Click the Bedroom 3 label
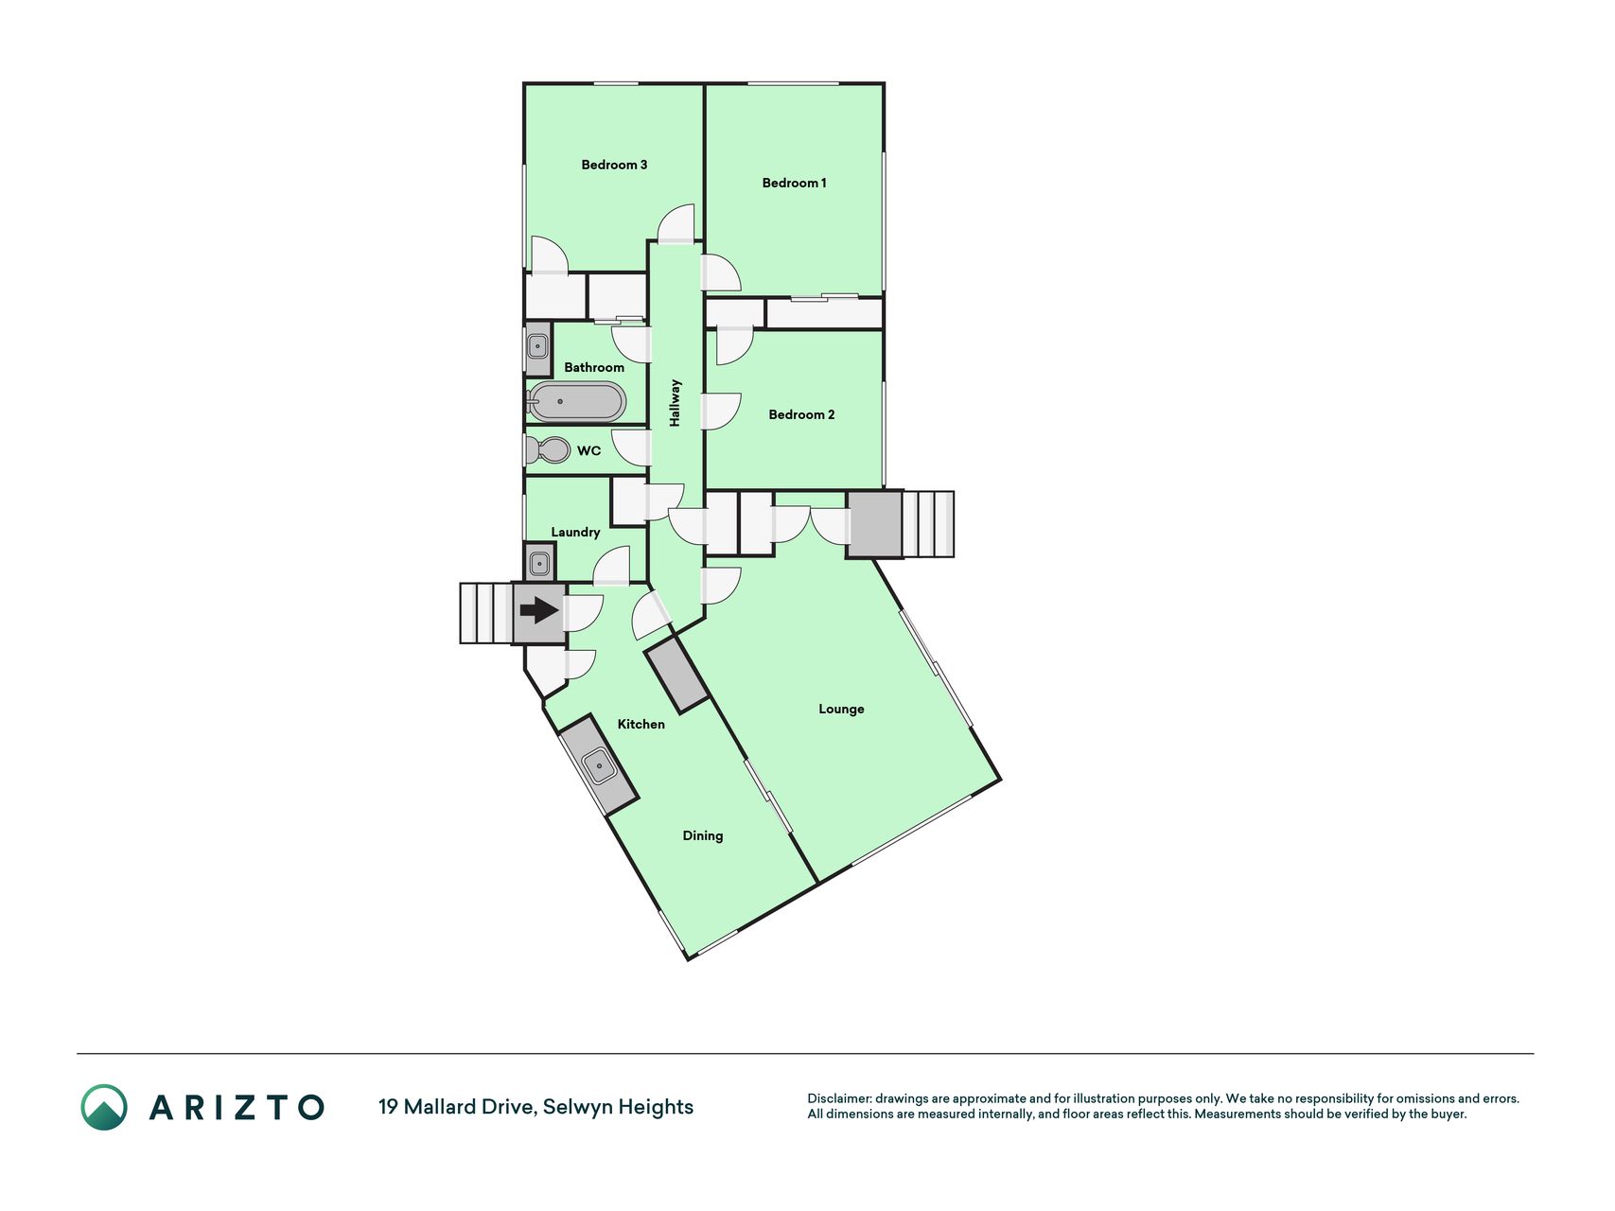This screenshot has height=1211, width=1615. click(614, 165)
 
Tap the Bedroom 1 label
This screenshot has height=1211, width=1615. click(794, 183)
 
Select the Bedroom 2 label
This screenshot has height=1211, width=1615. click(801, 414)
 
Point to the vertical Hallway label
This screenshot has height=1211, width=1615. click(676, 403)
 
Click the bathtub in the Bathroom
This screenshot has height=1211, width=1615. click(576, 402)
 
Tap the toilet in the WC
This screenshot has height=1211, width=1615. click(547, 450)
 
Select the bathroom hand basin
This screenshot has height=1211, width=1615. click(538, 347)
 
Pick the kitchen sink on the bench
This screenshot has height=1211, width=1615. click(599, 764)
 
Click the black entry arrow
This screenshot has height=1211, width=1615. click(539, 610)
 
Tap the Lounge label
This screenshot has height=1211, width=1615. click(841, 709)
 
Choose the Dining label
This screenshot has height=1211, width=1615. click(703, 835)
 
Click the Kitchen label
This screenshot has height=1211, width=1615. click(641, 724)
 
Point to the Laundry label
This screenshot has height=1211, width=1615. click(575, 532)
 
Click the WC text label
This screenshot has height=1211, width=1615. click(589, 450)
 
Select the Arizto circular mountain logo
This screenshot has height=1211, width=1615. click(104, 1107)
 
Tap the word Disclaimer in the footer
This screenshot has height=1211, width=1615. click(838, 1098)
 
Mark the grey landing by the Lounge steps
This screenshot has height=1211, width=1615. click(874, 523)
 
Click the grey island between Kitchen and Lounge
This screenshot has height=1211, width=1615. click(676, 675)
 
